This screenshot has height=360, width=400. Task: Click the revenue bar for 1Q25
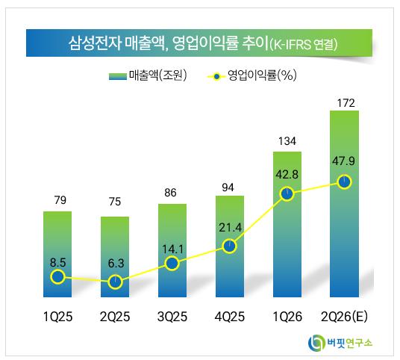coord(57,254)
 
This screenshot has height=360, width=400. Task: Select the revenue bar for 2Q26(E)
coord(344,204)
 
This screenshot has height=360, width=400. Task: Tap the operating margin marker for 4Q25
coord(230,246)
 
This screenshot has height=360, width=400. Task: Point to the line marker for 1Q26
coord(287,193)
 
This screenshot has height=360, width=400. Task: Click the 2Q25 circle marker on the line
coord(115,282)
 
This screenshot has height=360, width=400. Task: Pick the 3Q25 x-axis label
coord(172,317)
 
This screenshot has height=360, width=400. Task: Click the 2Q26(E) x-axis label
coord(344,317)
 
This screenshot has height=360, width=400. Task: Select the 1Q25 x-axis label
coord(57,317)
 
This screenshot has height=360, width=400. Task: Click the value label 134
coord(287,141)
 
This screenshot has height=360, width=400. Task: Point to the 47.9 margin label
coord(343,161)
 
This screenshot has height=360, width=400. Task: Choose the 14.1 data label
coord(172,249)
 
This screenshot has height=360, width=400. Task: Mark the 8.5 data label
coord(58,262)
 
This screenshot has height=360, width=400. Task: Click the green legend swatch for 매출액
coord(118,76)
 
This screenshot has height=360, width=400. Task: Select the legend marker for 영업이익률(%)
coord(216,77)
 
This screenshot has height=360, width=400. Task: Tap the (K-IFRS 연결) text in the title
coord(303,44)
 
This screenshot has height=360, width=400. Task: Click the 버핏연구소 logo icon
coord(317,343)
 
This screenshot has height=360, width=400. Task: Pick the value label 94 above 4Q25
coord(228,187)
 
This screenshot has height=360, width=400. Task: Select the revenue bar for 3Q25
coord(172,250)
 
